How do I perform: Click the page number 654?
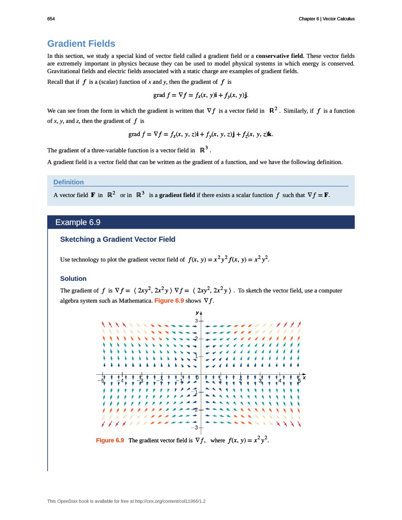tap(51, 19)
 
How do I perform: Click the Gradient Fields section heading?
tap(81, 44)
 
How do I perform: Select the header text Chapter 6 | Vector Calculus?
tap(326, 19)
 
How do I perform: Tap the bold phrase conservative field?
tap(280, 55)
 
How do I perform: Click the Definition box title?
tap(69, 182)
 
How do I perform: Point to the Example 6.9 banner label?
tap(78, 222)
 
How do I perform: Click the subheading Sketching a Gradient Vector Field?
tap(118, 239)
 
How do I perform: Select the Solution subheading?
tap(73, 279)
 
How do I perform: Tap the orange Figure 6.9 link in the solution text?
tap(169, 301)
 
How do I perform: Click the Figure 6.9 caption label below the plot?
tap(110, 440)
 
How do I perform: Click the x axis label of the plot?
tap(304, 377)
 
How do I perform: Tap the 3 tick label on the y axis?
tap(196, 321)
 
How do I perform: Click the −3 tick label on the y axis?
tap(195, 427)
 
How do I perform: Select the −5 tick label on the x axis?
tap(101, 380)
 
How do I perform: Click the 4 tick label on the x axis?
tap(280, 380)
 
